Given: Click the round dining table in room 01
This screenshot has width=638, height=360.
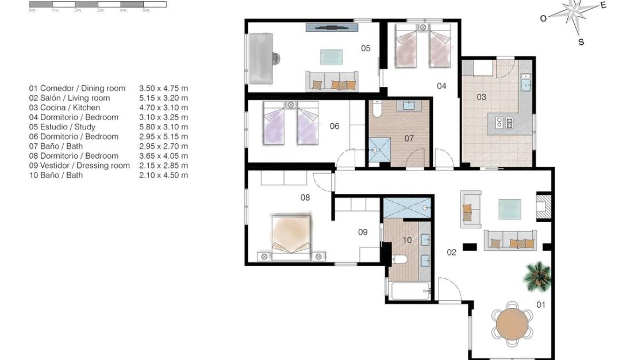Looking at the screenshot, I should click(x=512, y=324).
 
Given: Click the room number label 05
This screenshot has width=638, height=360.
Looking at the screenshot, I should click(x=366, y=48).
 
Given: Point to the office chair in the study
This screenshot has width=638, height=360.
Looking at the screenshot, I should click(x=276, y=58).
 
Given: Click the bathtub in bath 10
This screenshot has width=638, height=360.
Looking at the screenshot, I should click(x=410, y=290).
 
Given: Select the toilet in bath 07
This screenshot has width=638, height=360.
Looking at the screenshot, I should click(x=377, y=108).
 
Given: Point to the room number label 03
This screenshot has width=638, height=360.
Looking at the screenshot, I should click(x=481, y=97).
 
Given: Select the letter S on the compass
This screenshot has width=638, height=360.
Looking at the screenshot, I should click(x=581, y=42).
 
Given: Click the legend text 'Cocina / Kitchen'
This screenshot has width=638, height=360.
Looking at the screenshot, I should click(x=64, y=108).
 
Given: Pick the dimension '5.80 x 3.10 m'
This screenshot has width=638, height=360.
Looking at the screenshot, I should click(x=163, y=127).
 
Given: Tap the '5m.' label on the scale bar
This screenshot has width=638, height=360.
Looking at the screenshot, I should click(x=146, y=10).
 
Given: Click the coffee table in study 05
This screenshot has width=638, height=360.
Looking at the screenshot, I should click(x=331, y=56).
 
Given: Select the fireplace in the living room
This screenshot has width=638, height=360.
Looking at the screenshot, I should click(x=543, y=206).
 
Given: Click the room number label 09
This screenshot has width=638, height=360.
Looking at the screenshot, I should click(x=363, y=232).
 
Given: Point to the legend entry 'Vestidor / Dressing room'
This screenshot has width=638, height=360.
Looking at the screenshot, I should click(x=79, y=166).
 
